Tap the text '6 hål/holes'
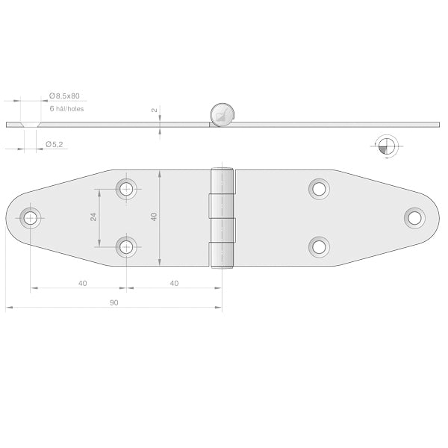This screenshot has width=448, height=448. coord(66,109)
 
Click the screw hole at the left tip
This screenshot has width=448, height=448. coord(30,218)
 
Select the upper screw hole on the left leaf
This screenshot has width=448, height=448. coord(127,188)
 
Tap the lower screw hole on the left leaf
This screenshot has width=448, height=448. coord(127,246)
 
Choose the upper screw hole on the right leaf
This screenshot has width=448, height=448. coord(319,188)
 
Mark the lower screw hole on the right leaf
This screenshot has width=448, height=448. coord(319,246)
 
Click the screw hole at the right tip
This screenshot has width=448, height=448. coord(414,217)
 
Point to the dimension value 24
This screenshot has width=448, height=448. coord(93,217)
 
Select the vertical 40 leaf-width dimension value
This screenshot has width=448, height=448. coord(154,217)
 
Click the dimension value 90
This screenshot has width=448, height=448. coord(113,302)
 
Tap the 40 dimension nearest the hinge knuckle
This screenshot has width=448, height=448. coord(173,283)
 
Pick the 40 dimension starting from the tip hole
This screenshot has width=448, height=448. coord(82,283)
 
